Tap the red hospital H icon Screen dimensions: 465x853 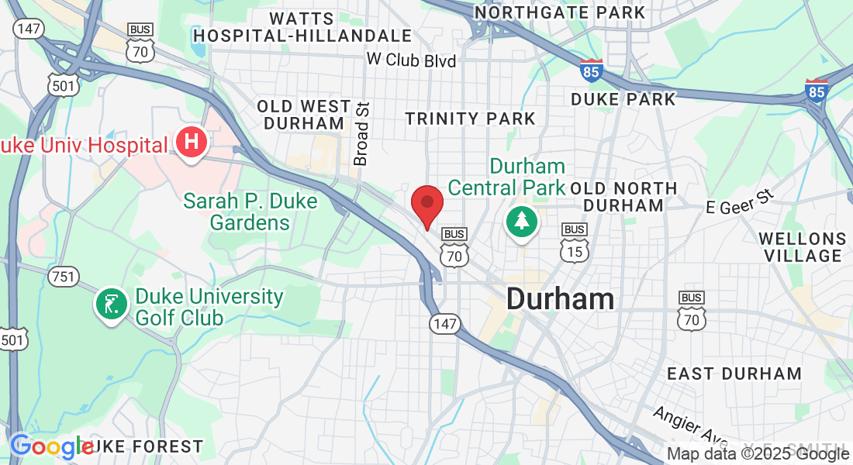(191, 143)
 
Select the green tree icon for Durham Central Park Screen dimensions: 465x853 (522, 221)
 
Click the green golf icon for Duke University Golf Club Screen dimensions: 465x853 (110, 303)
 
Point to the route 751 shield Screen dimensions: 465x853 (61, 275)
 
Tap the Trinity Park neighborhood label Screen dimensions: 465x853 (471, 119)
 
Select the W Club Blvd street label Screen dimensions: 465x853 (411, 60)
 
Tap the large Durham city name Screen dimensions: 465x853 (560, 298)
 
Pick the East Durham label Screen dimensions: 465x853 (734, 374)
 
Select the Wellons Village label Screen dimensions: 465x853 (802, 246)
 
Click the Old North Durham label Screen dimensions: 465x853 (623, 197)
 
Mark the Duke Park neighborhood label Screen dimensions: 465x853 (623, 99)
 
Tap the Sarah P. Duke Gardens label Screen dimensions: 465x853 (250, 212)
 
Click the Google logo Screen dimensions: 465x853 (51, 447)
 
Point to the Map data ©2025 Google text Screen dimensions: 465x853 (758, 454)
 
